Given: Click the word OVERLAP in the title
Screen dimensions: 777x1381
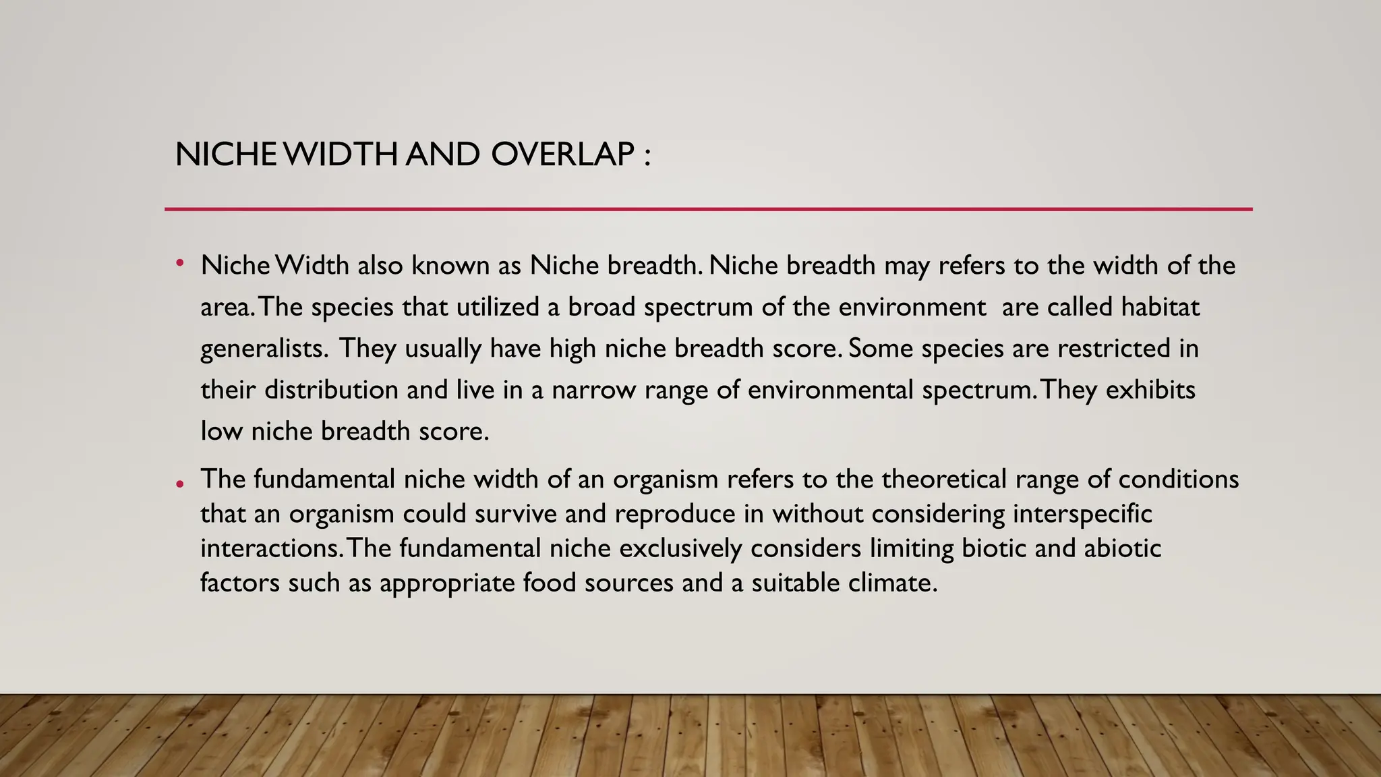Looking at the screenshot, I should pyautogui.click(x=562, y=154).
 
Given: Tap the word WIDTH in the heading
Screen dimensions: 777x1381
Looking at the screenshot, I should pyautogui.click(x=341, y=154).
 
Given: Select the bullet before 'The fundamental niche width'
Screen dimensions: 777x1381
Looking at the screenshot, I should pyautogui.click(x=179, y=484).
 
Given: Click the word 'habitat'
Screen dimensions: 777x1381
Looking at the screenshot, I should pyautogui.click(x=1160, y=307).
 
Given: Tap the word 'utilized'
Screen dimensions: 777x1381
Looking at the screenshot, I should pyautogui.click(x=498, y=307).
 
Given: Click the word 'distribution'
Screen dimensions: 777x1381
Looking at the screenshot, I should pyautogui.click(x=331, y=390).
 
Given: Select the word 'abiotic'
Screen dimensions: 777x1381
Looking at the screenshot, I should pyautogui.click(x=1122, y=548).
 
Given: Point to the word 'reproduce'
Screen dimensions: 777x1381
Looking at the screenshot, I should pyautogui.click(x=674, y=515).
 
